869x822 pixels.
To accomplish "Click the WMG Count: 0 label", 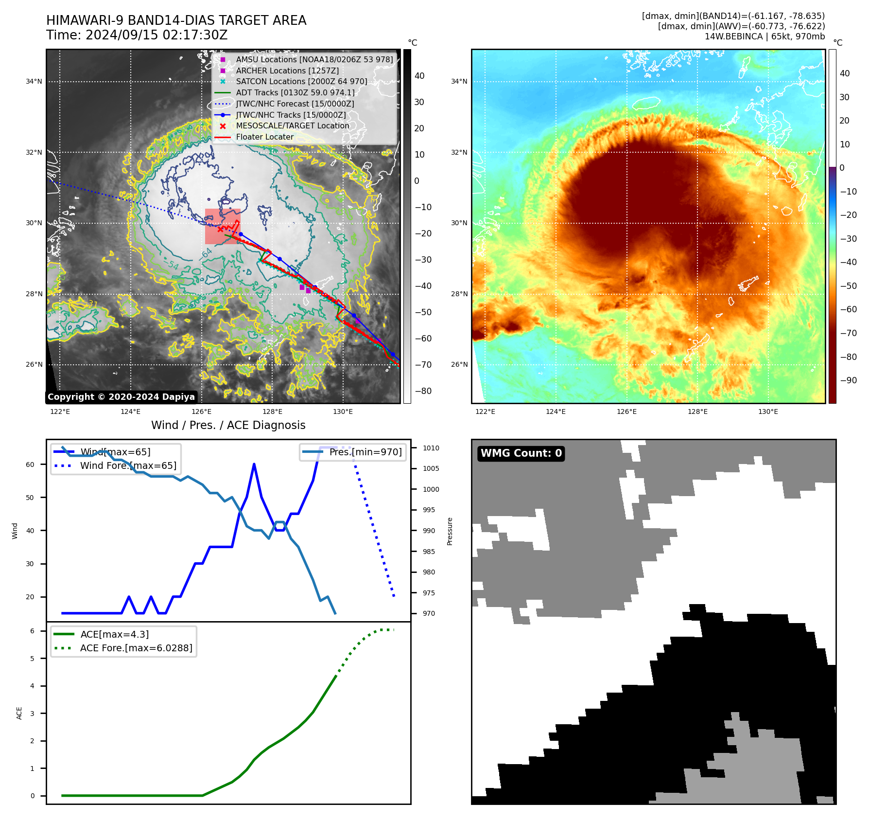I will (x=521, y=453).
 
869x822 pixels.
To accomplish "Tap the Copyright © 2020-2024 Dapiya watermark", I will (x=121, y=397).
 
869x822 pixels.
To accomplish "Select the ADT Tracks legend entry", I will (x=295, y=92).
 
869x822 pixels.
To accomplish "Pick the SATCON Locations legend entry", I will (x=301, y=81).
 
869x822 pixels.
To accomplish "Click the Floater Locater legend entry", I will (x=264, y=137).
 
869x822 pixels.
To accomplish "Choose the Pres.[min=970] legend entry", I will (x=365, y=452).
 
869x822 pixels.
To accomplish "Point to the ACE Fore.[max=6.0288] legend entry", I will (x=136, y=648).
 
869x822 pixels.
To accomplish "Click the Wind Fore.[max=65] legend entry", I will (x=128, y=465).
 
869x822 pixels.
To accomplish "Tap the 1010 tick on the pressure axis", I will (x=431, y=448).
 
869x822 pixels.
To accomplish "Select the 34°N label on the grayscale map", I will (x=34, y=81).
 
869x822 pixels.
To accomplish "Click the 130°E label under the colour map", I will (x=768, y=411).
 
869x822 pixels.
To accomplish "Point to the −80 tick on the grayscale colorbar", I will (x=423, y=391).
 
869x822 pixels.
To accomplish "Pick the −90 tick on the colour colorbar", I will (x=848, y=380).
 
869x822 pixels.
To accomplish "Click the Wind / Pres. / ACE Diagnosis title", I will (x=228, y=425).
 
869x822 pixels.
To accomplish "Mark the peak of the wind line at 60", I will (x=254, y=465).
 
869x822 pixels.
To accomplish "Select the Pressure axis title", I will (x=450, y=531).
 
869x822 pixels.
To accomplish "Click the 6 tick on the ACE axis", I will (x=33, y=631).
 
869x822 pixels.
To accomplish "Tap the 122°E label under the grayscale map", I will (x=60, y=411).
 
